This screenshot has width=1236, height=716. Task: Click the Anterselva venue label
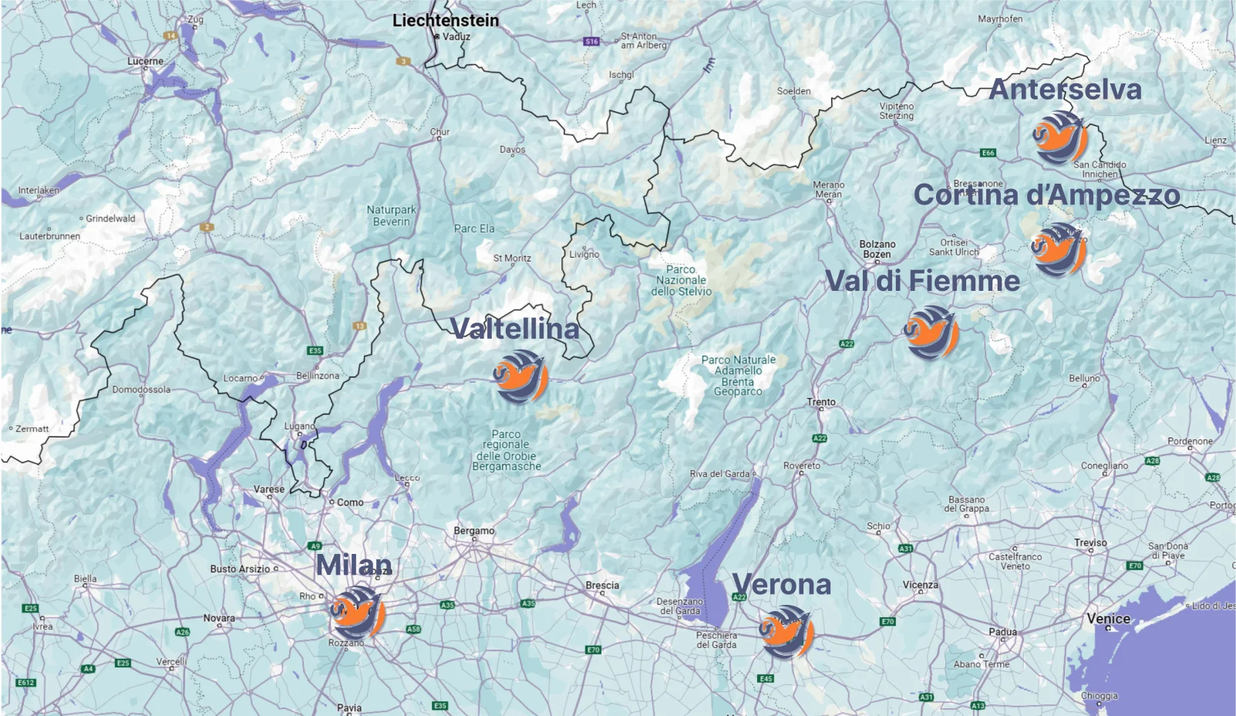(1065, 89)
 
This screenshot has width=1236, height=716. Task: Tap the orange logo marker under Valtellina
(521, 377)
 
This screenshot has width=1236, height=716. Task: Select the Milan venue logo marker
(358, 613)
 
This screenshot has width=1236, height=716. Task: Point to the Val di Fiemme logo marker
(931, 333)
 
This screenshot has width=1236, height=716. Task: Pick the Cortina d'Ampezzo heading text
(1046, 195)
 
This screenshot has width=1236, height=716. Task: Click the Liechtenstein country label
(446, 21)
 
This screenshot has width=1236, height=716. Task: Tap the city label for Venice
(1108, 618)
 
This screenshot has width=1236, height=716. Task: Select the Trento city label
(821, 402)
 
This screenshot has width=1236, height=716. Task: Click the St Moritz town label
(512, 258)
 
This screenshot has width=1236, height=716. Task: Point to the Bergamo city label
(474, 531)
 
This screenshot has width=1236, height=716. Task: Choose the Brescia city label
(602, 586)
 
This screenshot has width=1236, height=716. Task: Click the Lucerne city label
(145, 61)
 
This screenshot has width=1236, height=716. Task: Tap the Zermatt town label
(32, 429)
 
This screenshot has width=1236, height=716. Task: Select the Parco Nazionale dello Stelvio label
(681, 280)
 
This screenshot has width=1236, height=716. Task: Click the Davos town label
(512, 150)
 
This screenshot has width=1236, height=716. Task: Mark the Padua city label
(1002, 632)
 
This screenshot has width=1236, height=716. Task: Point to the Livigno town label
(584, 255)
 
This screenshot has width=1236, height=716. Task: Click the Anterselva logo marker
(1060, 138)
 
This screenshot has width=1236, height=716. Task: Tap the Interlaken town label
(39, 191)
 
